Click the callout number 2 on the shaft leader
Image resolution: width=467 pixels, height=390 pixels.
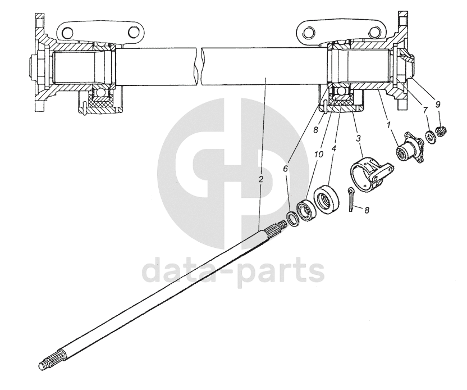[260, 180]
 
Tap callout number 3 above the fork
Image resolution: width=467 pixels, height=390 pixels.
[358, 138]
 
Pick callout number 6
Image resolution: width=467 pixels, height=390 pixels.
[286, 167]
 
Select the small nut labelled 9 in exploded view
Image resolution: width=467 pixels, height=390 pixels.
[442, 132]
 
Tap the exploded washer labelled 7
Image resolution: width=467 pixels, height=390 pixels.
[431, 136]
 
